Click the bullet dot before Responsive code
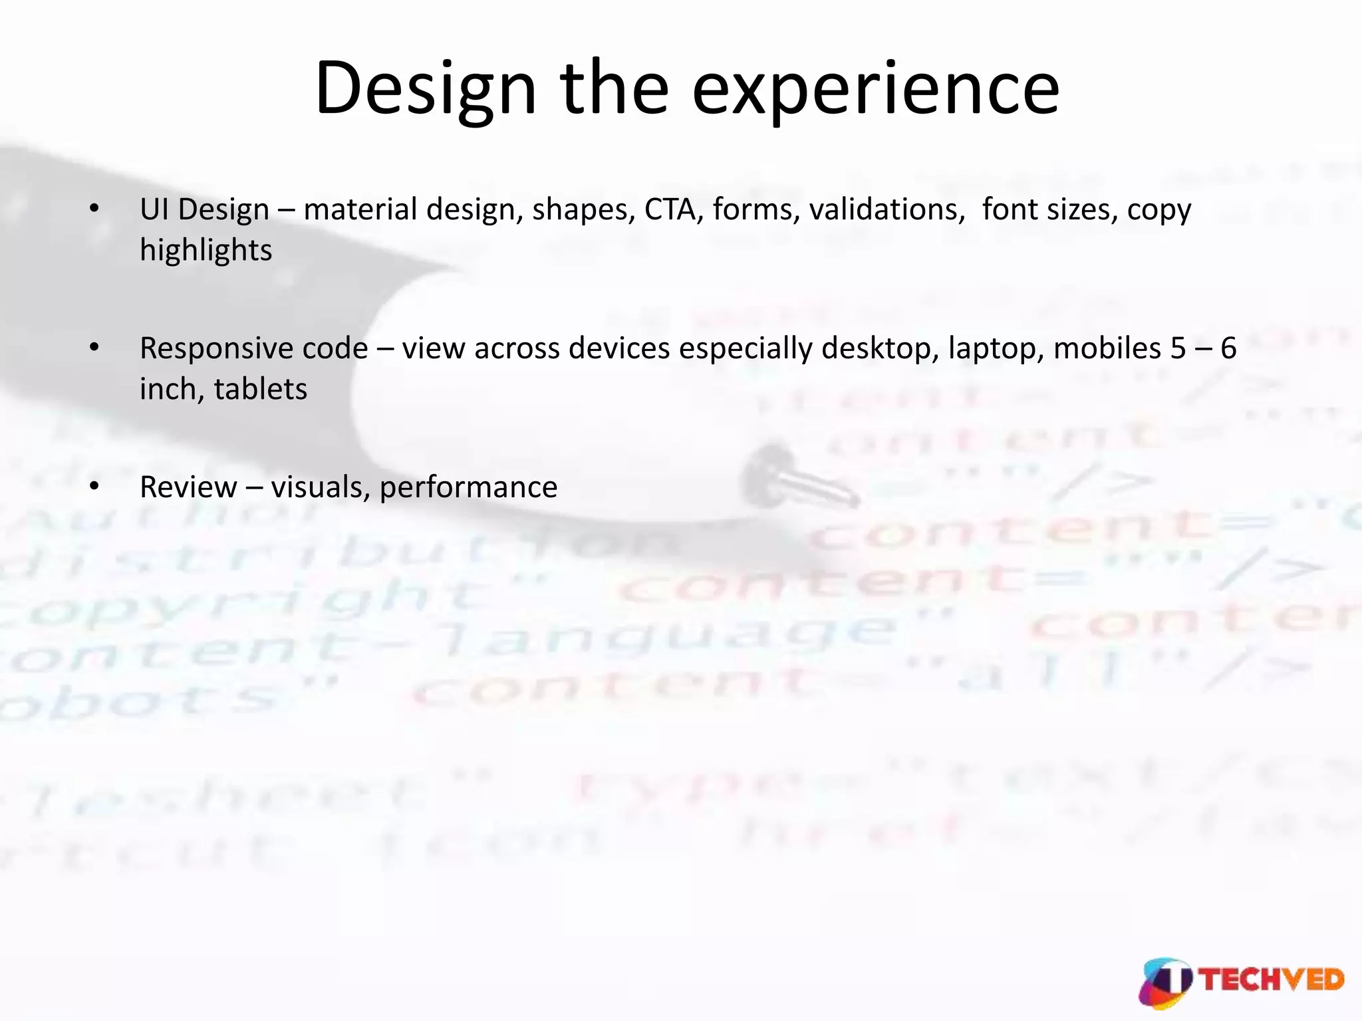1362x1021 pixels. click(x=94, y=348)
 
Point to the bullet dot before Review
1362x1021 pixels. click(x=94, y=487)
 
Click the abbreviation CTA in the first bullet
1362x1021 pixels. click(x=670, y=209)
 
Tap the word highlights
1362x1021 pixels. click(x=206, y=251)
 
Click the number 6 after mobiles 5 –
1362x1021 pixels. click(x=1228, y=348)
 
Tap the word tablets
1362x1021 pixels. click(x=261, y=390)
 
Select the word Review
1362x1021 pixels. click(x=188, y=487)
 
